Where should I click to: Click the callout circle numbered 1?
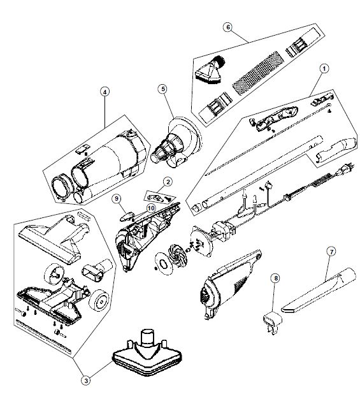(x=324, y=68)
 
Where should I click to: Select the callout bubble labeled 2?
(x=168, y=182)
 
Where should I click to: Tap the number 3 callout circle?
(x=86, y=381)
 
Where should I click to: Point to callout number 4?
(x=105, y=92)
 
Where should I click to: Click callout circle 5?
(x=163, y=89)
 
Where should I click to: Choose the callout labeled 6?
(x=228, y=27)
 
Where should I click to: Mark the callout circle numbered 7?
(x=331, y=252)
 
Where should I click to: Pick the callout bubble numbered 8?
(x=275, y=278)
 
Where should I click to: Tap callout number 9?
(x=117, y=198)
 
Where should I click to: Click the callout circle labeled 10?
(x=151, y=208)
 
